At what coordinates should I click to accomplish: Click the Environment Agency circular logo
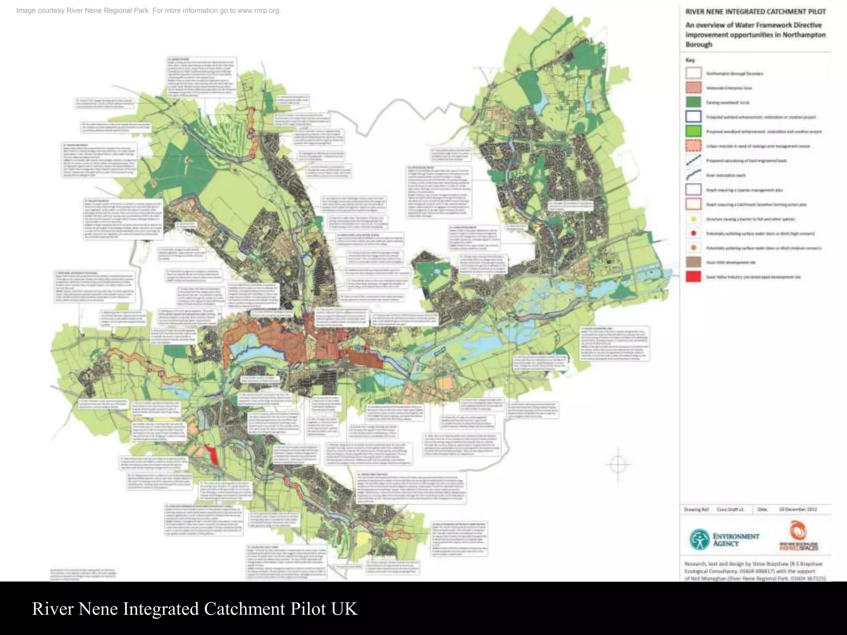(699, 540)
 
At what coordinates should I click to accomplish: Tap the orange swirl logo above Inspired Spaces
(798, 530)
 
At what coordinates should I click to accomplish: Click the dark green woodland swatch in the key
(694, 102)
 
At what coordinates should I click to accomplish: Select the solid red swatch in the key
(694, 277)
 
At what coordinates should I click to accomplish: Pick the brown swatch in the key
(694, 262)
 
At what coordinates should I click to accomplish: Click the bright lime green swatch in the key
(694, 131)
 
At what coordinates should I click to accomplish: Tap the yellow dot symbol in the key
(694, 219)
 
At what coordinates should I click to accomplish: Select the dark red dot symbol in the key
(694, 233)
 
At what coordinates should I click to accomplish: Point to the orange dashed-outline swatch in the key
(694, 146)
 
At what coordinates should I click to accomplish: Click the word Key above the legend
(690, 60)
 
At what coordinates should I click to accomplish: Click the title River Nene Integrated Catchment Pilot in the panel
(755, 12)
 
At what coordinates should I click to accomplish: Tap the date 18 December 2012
(798, 509)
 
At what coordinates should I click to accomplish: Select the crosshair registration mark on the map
(617, 464)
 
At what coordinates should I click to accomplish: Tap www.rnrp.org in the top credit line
(258, 10)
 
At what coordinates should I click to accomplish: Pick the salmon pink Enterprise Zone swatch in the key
(694, 88)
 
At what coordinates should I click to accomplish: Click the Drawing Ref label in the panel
(696, 509)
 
